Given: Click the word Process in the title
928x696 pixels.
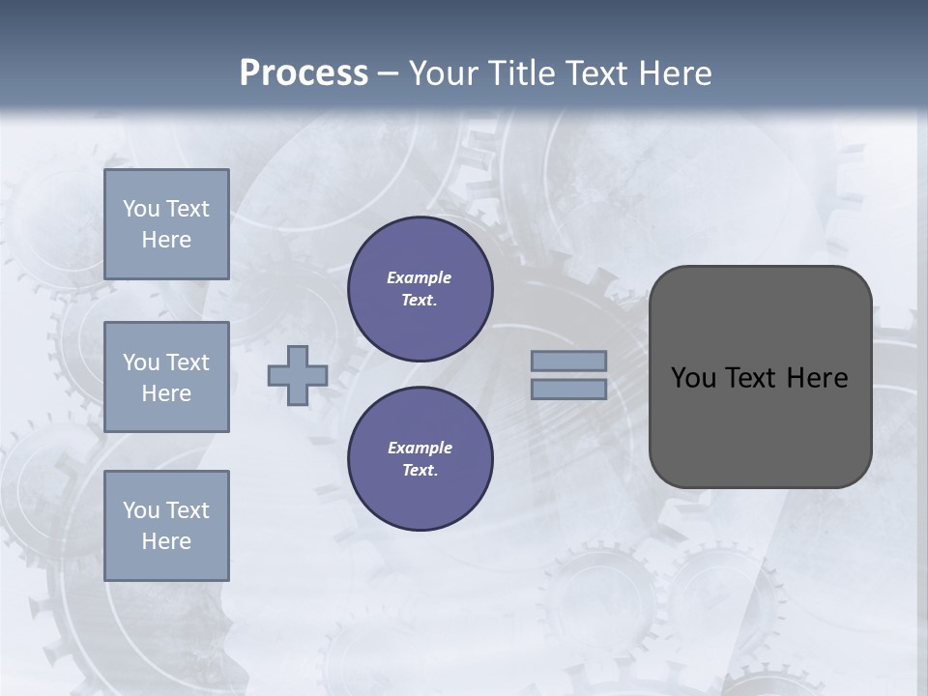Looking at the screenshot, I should pyautogui.click(x=304, y=72).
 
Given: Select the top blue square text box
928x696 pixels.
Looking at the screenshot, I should pyautogui.click(x=166, y=224).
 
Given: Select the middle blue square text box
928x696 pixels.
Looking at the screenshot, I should pyautogui.click(x=166, y=377).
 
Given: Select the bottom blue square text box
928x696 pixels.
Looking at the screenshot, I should pyautogui.click(x=166, y=526).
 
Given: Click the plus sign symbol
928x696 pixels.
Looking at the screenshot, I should pyautogui.click(x=298, y=375).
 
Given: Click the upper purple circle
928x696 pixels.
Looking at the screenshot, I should pyautogui.click(x=420, y=289).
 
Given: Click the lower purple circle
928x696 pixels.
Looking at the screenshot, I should pyautogui.click(x=420, y=459).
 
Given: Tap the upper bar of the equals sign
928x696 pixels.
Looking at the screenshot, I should pyautogui.click(x=568, y=361).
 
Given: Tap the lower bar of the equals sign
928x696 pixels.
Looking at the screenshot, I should pyautogui.click(x=568, y=390).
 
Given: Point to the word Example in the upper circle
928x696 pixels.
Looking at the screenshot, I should pyautogui.click(x=420, y=277).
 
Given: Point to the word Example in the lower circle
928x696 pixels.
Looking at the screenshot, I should pyautogui.click(x=420, y=448).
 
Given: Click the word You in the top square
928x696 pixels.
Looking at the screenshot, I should pyautogui.click(x=140, y=209).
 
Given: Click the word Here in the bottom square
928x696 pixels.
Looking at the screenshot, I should pyautogui.click(x=166, y=541).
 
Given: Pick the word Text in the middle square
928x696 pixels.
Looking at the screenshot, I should pyautogui.click(x=186, y=362).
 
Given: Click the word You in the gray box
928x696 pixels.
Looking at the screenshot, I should pyautogui.click(x=693, y=378).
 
